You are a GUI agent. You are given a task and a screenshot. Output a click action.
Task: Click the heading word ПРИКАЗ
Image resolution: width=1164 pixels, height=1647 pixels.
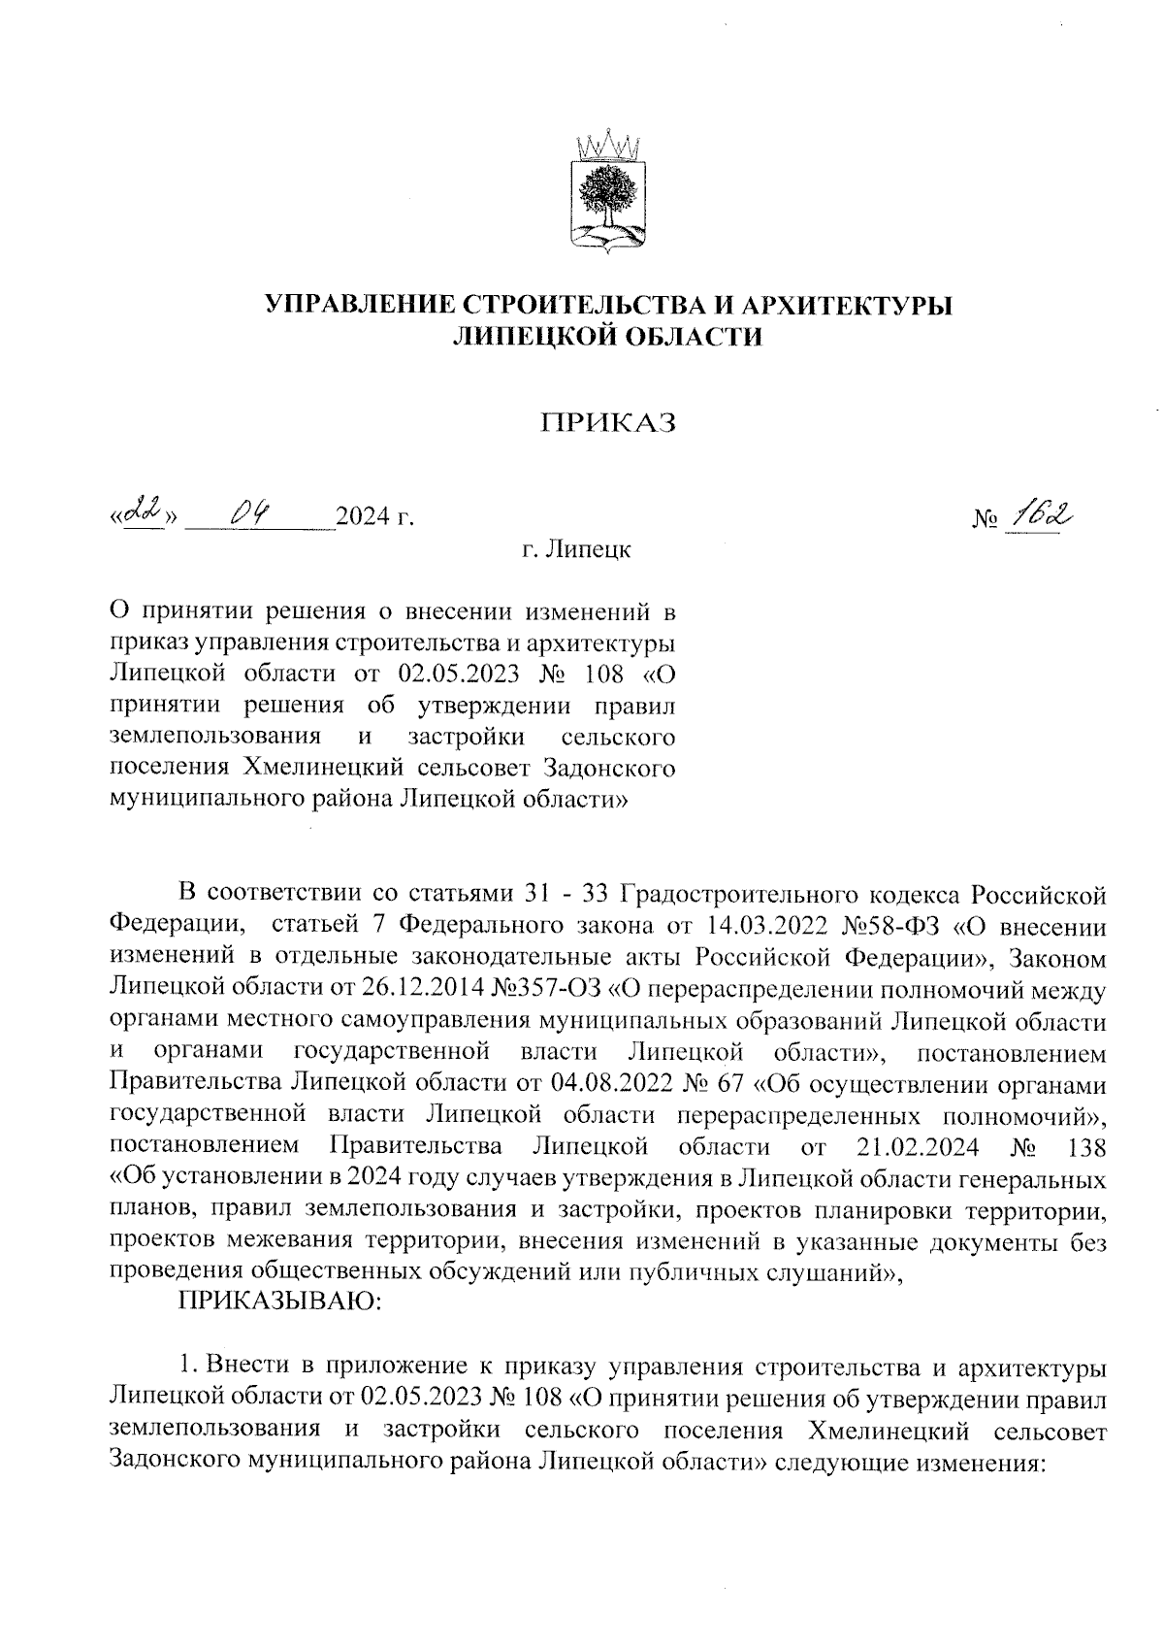[x=608, y=423]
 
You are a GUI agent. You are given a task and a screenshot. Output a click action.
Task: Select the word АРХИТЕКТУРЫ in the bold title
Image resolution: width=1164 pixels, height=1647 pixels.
[x=847, y=305]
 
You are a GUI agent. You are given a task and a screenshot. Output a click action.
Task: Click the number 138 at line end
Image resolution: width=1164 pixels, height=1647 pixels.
[x=1084, y=1146]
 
